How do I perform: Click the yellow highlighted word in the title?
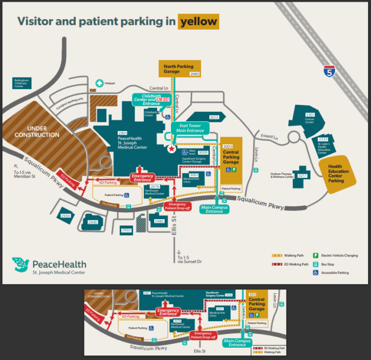coord(199,22)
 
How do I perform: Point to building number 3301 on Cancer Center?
coord(310,114)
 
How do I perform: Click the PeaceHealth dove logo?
coord(21,264)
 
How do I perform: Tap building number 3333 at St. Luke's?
coord(323,140)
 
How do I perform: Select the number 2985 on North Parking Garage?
coord(194,74)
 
